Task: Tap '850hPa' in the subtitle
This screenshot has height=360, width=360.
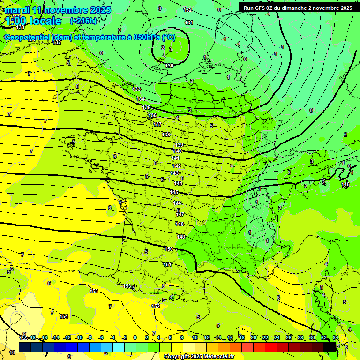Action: click(x=146, y=37)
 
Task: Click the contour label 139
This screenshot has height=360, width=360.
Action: click(x=179, y=145)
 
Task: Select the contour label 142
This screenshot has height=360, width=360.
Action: click(x=176, y=166)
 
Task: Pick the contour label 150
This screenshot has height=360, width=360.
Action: click(x=169, y=249)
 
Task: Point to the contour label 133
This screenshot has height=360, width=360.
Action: click(x=136, y=89)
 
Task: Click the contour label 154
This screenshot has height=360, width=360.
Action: click(x=64, y=316)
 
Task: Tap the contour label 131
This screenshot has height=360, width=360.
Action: click(x=189, y=22)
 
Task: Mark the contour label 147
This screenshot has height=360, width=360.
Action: click(x=180, y=214)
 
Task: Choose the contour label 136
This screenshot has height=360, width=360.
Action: click(x=152, y=115)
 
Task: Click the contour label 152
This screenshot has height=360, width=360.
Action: click(x=156, y=306)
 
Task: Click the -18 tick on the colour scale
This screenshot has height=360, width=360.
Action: click(x=33, y=337)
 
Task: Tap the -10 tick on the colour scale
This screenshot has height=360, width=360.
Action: click(x=79, y=337)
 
